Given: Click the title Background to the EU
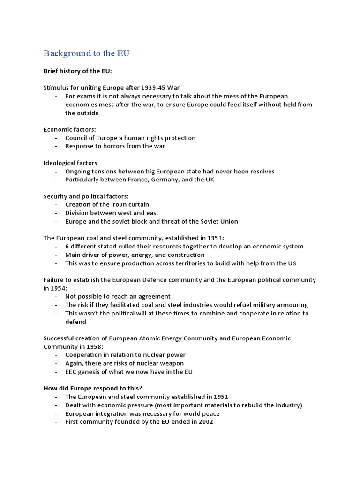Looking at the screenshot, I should [86, 53].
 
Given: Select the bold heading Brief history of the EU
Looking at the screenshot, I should [78, 71].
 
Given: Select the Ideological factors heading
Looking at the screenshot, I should [70, 163].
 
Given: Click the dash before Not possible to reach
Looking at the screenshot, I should [56, 297].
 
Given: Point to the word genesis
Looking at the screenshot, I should [92, 372].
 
